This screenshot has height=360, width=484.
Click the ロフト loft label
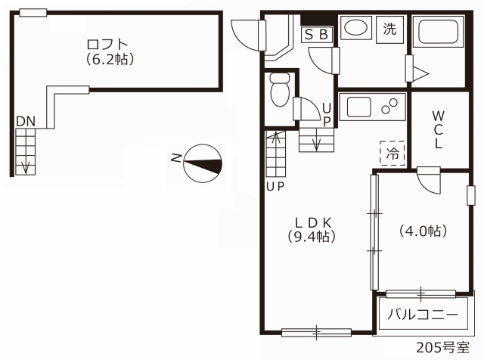click(x=107, y=45)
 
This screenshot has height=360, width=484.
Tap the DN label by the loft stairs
click(x=26, y=122)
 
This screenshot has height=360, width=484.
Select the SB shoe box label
click(x=316, y=35)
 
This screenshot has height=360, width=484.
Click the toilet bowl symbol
click(x=279, y=90)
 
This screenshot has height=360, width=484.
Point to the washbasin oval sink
click(x=355, y=28)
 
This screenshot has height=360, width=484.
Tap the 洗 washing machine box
click(x=390, y=29)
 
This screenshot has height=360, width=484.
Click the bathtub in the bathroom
click(x=438, y=32)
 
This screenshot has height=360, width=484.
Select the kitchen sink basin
click(x=359, y=107)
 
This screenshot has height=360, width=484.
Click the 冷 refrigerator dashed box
click(x=392, y=153)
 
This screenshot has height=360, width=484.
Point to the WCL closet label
click(x=438, y=129)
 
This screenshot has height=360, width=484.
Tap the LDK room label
click(x=313, y=222)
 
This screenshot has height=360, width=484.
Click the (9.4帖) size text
click(x=312, y=237)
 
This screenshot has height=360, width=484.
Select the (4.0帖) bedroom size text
click(x=423, y=231)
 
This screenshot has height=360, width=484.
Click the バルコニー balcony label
click(x=423, y=315)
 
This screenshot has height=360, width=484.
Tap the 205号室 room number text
click(x=443, y=348)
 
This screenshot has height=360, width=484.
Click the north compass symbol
click(x=203, y=163)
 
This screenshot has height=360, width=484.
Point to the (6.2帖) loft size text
click(x=110, y=59)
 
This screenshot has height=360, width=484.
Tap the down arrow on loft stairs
click(x=25, y=167)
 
